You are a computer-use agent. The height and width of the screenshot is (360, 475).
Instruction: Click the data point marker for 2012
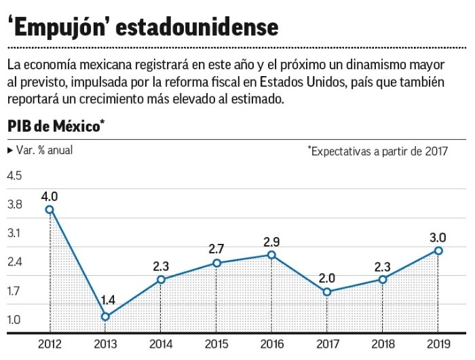(x=50, y=209)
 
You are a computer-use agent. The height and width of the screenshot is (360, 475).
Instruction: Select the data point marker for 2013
(x=104, y=317)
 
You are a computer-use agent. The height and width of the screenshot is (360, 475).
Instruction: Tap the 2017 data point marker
(x=326, y=292)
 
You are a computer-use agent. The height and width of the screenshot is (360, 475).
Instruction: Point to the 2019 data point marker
(x=438, y=251)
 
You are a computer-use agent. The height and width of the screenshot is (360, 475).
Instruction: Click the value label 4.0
(x=50, y=196)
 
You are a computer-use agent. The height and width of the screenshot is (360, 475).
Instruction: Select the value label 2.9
(x=271, y=242)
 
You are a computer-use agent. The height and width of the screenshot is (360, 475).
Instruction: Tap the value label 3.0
(x=438, y=238)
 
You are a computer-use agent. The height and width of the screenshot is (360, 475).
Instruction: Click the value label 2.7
(x=216, y=249)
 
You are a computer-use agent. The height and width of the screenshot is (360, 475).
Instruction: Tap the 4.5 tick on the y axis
(x=14, y=175)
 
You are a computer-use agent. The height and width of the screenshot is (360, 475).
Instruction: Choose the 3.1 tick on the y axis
(x=14, y=233)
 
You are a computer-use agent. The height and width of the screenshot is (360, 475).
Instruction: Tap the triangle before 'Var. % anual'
(x=9, y=150)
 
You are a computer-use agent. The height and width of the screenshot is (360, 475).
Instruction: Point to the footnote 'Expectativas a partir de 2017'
(x=377, y=151)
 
